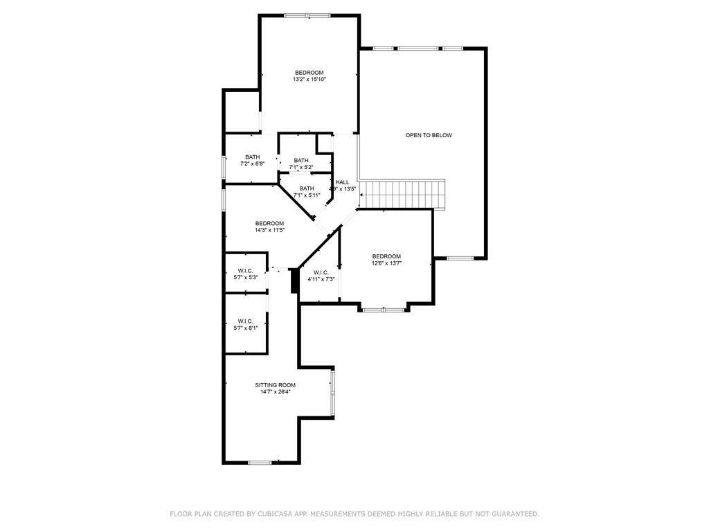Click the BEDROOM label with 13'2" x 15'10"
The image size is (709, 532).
tap(309, 73)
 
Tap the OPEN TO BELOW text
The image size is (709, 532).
tap(429, 135)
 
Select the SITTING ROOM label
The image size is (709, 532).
tap(275, 385)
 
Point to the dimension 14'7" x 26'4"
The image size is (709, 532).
tap(275, 392)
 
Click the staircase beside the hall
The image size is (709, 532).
tap(403, 194)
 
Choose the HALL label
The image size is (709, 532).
tap(342, 181)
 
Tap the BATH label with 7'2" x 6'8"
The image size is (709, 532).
tap(252, 157)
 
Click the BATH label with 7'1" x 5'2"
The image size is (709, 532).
tap(301, 161)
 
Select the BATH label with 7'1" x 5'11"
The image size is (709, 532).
tap(306, 188)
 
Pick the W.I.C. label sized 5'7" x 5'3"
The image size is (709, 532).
tap(245, 270)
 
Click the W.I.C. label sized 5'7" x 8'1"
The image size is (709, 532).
tap(245, 321)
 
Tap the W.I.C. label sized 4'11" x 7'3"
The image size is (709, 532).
tap(321, 272)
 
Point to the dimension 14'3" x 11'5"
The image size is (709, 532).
tap(269, 230)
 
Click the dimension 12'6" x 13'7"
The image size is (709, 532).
tap(386, 263)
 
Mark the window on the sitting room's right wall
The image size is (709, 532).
tap(333, 392)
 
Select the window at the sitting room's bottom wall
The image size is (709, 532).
tap(260, 462)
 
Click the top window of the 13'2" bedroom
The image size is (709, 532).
tap(307, 15)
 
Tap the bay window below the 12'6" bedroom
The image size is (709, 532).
tap(384, 310)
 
